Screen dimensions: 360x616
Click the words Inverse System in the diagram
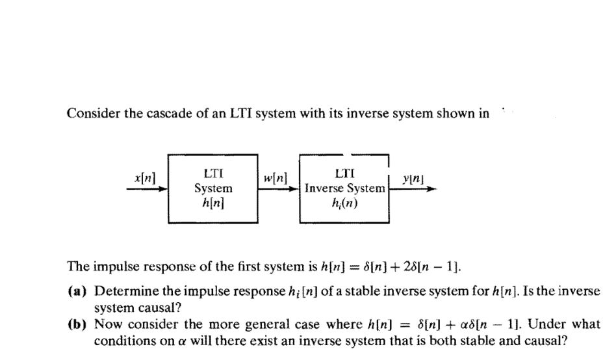[x=344, y=188]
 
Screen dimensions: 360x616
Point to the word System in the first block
[x=214, y=188]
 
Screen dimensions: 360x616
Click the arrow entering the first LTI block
[x=148, y=189]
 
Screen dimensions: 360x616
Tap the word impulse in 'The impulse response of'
[x=112, y=267]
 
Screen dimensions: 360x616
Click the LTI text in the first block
[x=214, y=174]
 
